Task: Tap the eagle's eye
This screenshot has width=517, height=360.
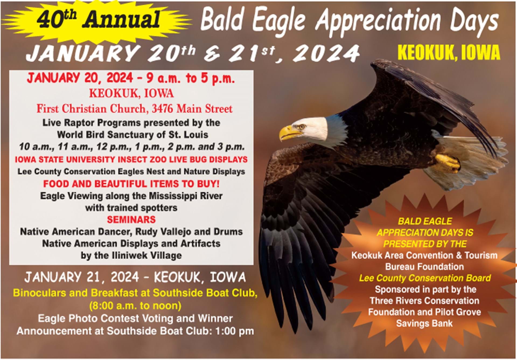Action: (x=301, y=127)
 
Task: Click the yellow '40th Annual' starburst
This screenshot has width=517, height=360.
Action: (x=97, y=20)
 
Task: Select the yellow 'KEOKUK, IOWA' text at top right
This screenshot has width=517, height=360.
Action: (x=449, y=53)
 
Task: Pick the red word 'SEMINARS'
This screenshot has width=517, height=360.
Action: (x=131, y=220)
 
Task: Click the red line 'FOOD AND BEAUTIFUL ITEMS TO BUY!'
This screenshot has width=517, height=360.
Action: (x=131, y=184)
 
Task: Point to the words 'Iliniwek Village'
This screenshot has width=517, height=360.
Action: (x=147, y=255)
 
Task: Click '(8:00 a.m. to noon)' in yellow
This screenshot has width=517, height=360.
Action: (x=135, y=306)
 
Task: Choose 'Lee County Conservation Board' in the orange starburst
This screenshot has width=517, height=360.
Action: (x=425, y=278)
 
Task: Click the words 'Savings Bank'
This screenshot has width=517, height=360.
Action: (x=424, y=323)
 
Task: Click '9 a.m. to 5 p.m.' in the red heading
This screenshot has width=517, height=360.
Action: (x=191, y=78)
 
